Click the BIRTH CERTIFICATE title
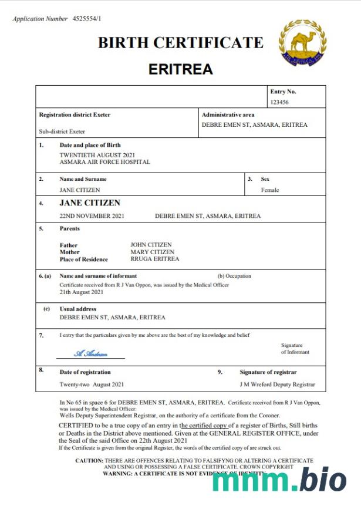pyautogui.click(x=180, y=43)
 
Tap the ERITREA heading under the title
pyautogui.click(x=180, y=69)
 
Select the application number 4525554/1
pyautogui.click(x=87, y=19)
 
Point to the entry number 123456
pyautogui.click(x=279, y=102)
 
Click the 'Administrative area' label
pyautogui.click(x=228, y=115)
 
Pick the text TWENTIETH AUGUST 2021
pyautogui.click(x=93, y=154)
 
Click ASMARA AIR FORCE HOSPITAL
pyautogui.click(x=104, y=161)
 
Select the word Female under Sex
pyautogui.click(x=270, y=190)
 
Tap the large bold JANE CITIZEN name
pyautogui.click(x=90, y=203)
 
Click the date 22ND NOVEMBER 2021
pyautogui.click(x=92, y=216)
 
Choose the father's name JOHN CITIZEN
pyautogui.click(x=151, y=245)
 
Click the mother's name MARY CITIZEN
pyautogui.click(x=152, y=252)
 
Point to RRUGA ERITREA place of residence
pyautogui.click(x=154, y=259)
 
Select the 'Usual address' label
pyautogui.click(x=78, y=309)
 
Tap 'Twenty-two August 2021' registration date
pyautogui.click(x=92, y=385)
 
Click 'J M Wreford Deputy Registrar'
pyautogui.click(x=277, y=385)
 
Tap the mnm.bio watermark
pyautogui.click(x=279, y=480)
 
